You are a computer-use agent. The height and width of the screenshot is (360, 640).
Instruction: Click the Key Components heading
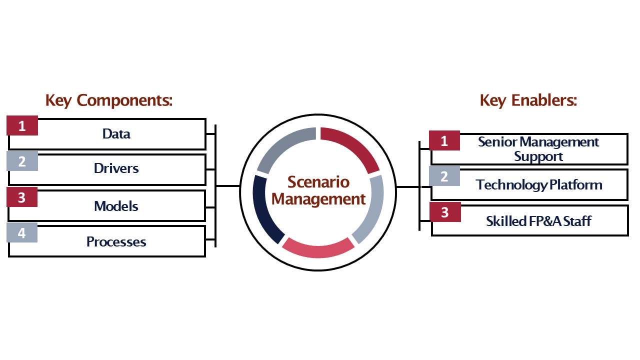point(109,100)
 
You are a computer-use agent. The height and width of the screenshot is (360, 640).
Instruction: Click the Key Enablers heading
point(528,100)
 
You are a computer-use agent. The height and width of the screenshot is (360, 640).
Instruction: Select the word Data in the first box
point(116,134)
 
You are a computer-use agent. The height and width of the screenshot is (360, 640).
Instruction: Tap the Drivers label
point(116,168)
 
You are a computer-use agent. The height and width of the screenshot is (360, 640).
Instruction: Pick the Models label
point(116,206)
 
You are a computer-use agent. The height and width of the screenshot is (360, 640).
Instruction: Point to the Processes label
point(116,242)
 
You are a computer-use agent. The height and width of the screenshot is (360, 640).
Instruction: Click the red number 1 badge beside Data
point(22,126)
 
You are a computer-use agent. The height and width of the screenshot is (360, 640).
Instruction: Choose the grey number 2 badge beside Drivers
point(22,161)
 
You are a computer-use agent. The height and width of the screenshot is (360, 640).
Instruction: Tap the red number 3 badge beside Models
point(22,197)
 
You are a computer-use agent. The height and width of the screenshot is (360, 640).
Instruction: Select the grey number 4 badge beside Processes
point(22,233)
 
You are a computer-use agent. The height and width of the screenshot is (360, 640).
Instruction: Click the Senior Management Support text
point(538,149)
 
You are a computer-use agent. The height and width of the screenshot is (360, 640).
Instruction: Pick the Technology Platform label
point(539,185)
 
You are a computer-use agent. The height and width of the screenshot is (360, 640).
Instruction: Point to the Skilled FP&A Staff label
point(538,221)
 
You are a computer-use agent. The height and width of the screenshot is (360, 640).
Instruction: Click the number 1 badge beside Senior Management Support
point(444,141)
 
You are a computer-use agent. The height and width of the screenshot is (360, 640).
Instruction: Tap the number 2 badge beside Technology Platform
point(444,176)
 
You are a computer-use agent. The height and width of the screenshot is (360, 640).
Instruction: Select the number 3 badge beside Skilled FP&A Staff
point(444,212)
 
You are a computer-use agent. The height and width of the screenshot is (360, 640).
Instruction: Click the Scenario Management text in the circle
point(318,190)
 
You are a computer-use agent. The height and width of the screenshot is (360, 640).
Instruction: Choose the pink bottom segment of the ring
point(318,248)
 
